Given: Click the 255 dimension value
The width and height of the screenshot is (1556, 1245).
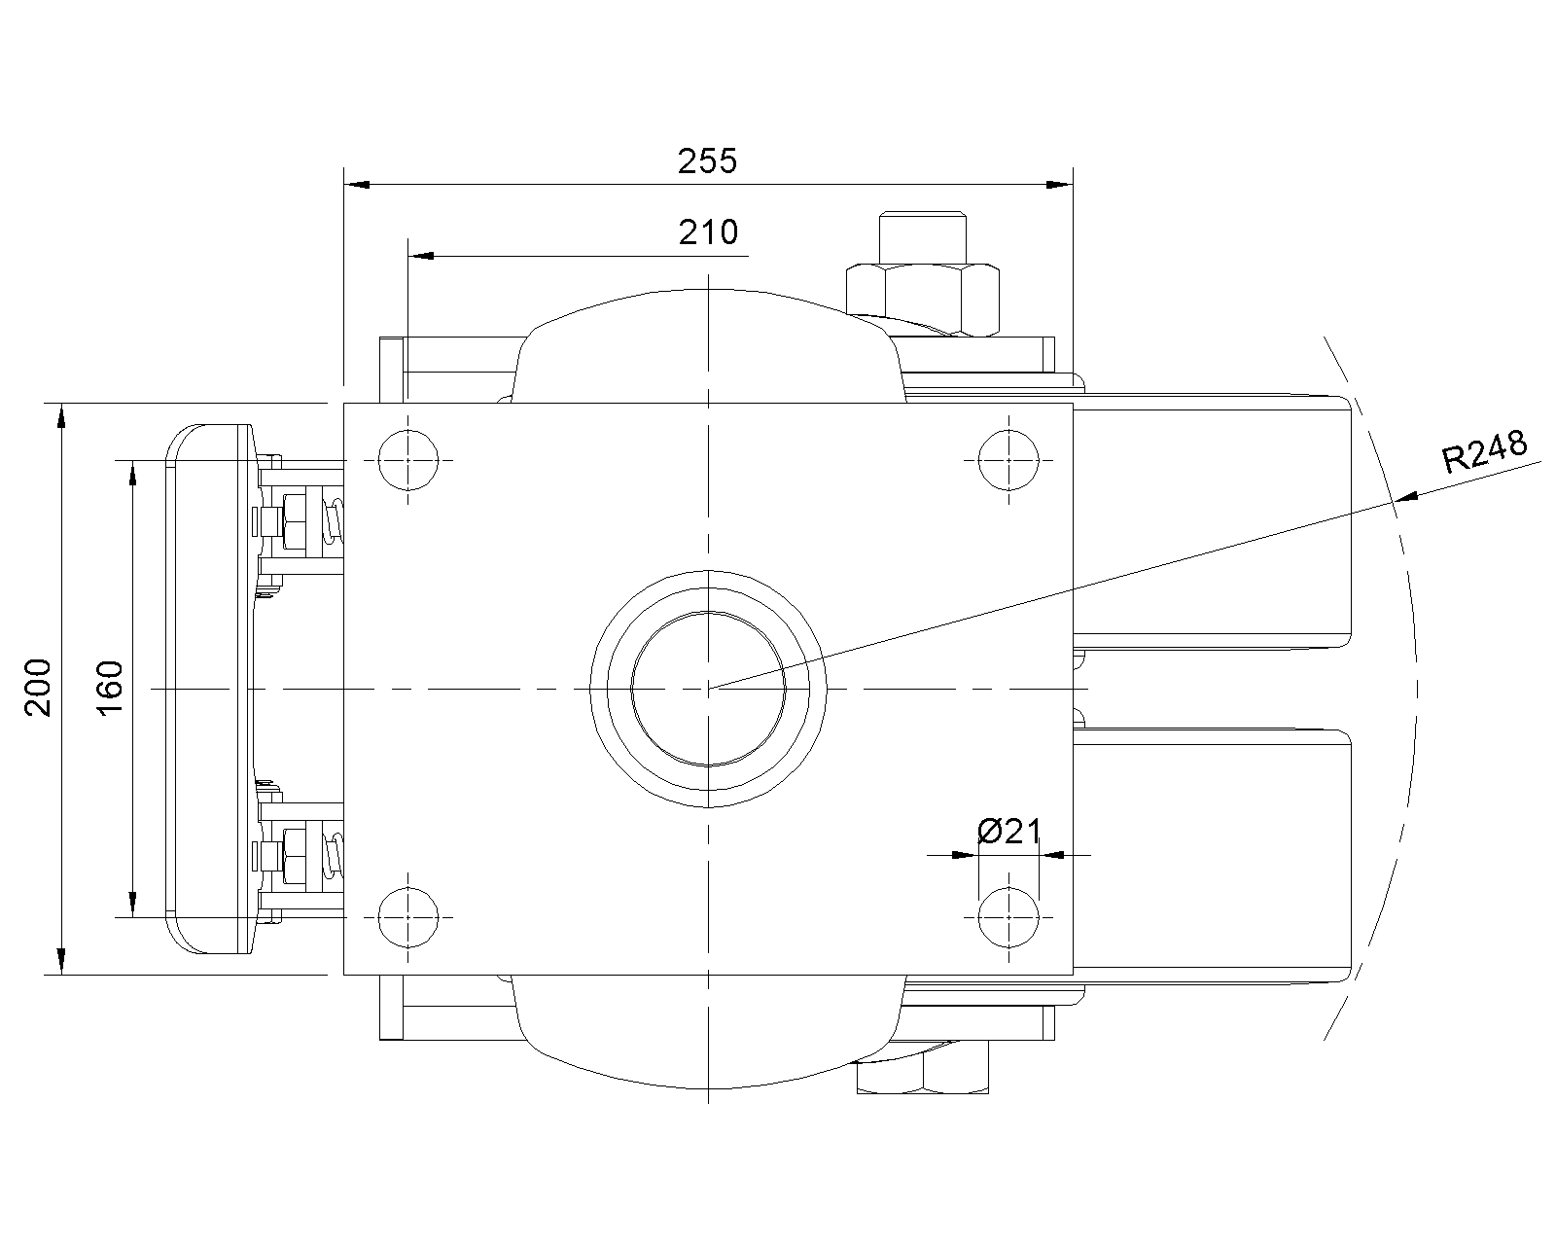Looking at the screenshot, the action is [707, 161].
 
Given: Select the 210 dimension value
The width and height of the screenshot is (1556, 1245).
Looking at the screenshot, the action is [709, 232].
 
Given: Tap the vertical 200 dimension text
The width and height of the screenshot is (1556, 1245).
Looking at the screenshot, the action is [38, 688].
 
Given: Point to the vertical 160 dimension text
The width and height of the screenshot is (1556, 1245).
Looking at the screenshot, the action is [110, 688].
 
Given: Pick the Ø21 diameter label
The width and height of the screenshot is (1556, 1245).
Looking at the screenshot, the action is [1009, 832].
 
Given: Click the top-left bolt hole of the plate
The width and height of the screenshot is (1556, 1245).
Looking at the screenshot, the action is [408, 460].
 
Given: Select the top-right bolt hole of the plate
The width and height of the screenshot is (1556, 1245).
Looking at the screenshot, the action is [1008, 460].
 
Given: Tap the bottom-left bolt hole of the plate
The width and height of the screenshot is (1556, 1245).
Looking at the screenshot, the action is [408, 917].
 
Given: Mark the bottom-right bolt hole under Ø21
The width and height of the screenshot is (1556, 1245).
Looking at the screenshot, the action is [1008, 917].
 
